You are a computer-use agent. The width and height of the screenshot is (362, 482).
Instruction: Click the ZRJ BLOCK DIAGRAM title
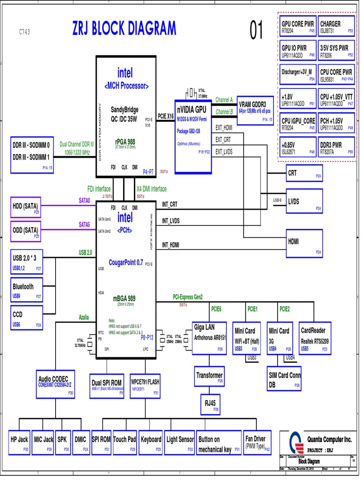coord(123,29)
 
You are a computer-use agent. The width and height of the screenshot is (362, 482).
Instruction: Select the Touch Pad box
coord(124,442)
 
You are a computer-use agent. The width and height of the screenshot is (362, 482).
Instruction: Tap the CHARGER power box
coord(337,27)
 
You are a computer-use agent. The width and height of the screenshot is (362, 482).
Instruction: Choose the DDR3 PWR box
coord(337,148)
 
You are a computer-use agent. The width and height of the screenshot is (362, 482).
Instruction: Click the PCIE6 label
coord(216,309)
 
